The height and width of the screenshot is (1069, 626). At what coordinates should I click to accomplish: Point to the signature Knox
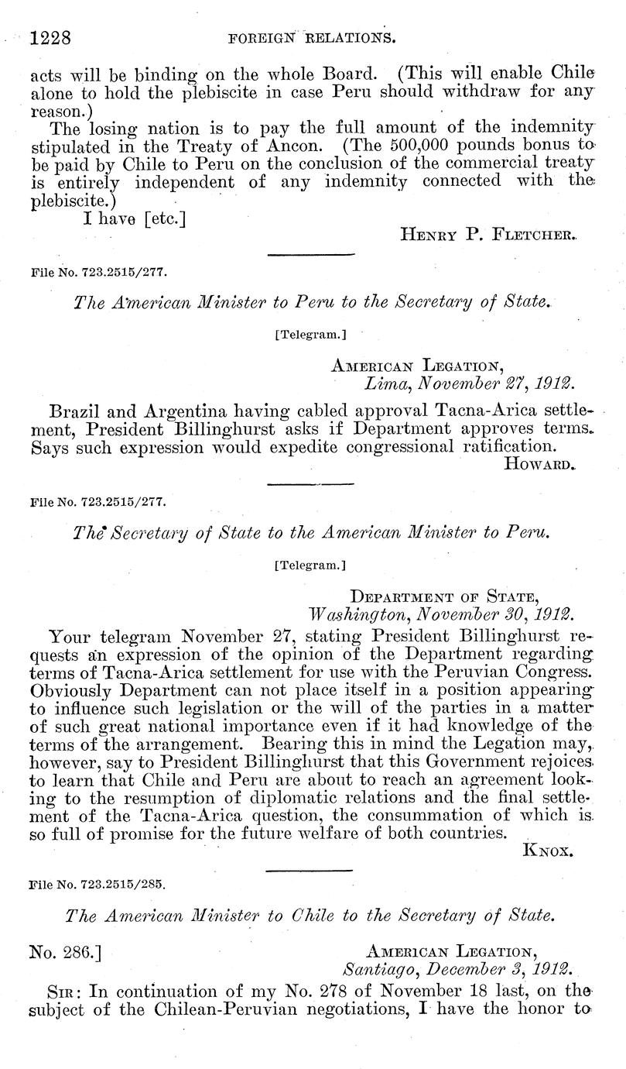click(548, 850)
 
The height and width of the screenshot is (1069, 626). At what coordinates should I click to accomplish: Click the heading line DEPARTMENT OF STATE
click(445, 596)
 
